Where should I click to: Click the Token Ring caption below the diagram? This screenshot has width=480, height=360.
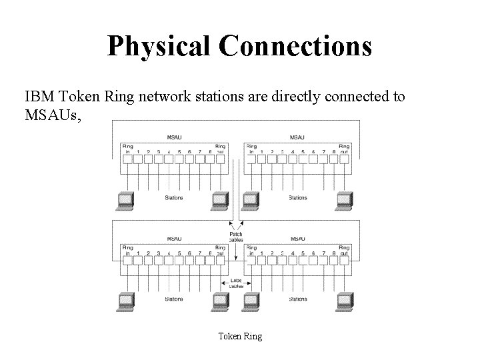point(240,336)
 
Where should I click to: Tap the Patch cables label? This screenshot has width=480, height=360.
point(236,237)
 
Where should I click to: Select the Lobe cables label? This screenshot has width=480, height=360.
point(236,283)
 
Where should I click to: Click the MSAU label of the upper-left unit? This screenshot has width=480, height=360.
point(174,137)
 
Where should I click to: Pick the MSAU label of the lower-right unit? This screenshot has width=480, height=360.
point(297,237)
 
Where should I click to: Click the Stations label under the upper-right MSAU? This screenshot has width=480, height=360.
point(297,197)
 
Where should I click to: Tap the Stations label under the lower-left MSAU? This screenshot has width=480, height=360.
point(174,299)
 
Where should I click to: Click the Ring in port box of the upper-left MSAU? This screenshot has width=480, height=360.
point(127,159)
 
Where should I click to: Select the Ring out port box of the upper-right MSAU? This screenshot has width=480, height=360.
point(344,159)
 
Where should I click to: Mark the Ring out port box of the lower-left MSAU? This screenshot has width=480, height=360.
point(220,260)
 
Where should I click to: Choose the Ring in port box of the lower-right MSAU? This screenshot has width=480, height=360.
point(251,260)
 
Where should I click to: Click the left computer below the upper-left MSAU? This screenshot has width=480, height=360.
point(125,199)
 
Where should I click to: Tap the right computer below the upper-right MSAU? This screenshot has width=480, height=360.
point(344,199)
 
